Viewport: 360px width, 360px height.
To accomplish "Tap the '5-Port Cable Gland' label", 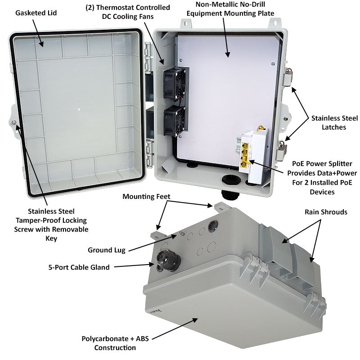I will pos(79,267).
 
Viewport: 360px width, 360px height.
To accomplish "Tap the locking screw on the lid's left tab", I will pos(17,123).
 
